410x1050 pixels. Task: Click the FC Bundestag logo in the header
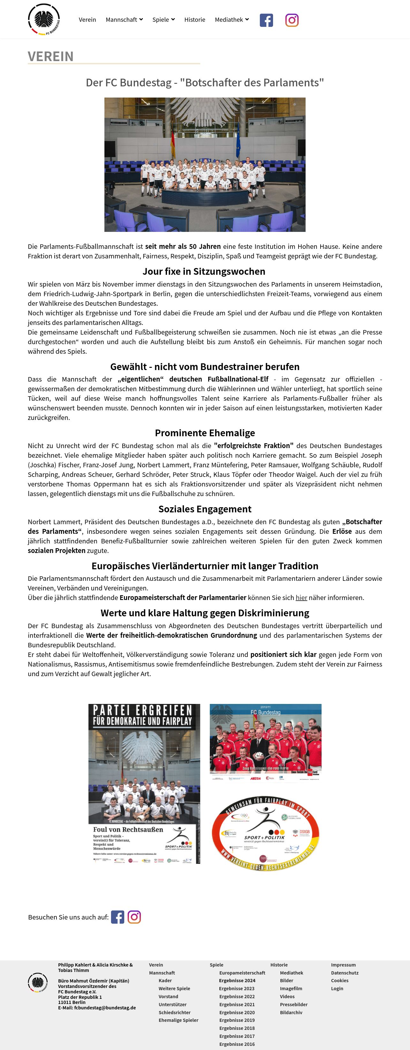point(44,19)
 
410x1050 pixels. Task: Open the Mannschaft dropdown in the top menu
point(124,20)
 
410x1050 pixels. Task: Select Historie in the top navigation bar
point(194,20)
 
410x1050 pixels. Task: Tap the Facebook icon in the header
point(266,20)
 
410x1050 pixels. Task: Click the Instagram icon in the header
point(292,20)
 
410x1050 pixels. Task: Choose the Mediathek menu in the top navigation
point(231,20)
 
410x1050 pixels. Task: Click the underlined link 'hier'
point(301,597)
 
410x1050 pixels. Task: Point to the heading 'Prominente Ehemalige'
point(205,433)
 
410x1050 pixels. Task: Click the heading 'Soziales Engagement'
point(205,509)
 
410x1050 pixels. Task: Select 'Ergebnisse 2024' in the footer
point(237,981)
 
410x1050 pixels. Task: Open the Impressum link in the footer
point(343,965)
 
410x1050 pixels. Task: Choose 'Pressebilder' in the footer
point(293,1004)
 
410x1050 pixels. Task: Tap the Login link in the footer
point(337,989)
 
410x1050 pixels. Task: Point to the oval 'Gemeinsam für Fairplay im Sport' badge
point(265,833)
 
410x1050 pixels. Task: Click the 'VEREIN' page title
point(51,57)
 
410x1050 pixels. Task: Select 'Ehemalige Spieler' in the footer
point(178,1020)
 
